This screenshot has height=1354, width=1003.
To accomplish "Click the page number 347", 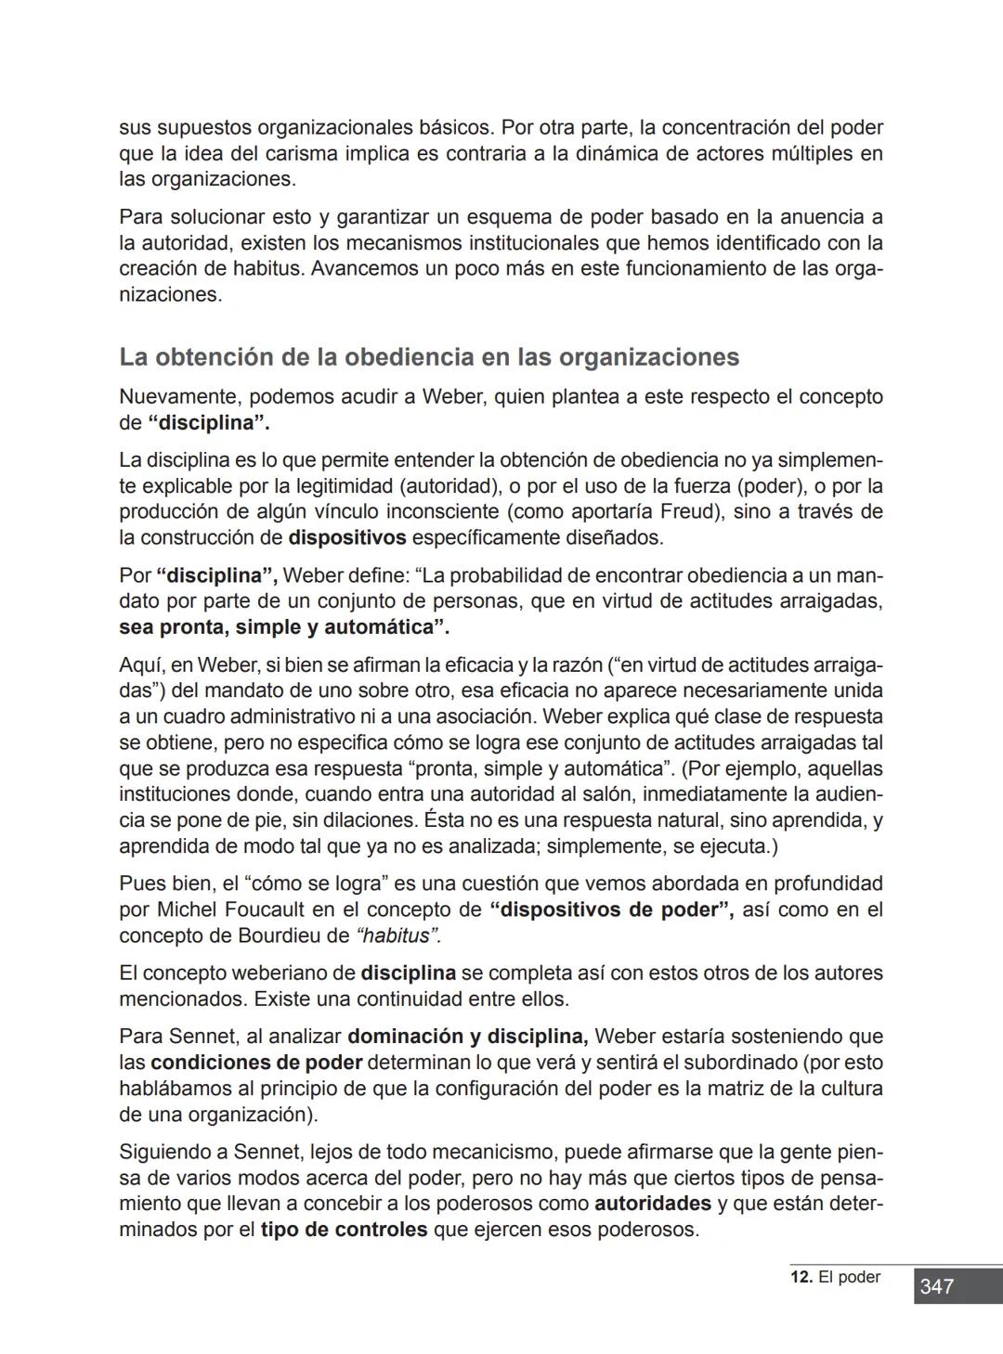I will pyautogui.click(x=936, y=1286).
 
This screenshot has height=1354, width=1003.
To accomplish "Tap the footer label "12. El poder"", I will pyautogui.click(x=835, y=1277).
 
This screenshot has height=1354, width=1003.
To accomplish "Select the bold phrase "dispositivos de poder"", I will pyautogui.click(x=610, y=909).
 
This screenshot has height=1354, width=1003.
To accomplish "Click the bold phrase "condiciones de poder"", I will pyautogui.click(x=256, y=1063).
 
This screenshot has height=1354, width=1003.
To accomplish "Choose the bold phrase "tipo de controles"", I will pyautogui.click(x=344, y=1230).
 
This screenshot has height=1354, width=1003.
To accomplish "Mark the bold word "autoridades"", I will pyautogui.click(x=653, y=1204).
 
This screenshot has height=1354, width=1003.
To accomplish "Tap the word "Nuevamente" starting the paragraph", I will pyautogui.click(x=176, y=397).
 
